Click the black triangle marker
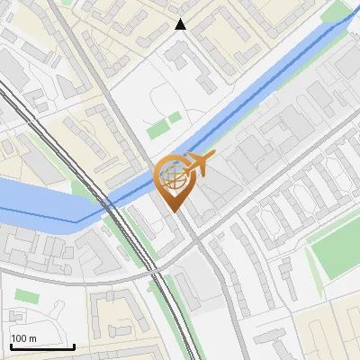(x=180, y=24)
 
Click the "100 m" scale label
(x=23, y=338)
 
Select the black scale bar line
(x=41, y=346)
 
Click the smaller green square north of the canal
(x=175, y=117)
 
